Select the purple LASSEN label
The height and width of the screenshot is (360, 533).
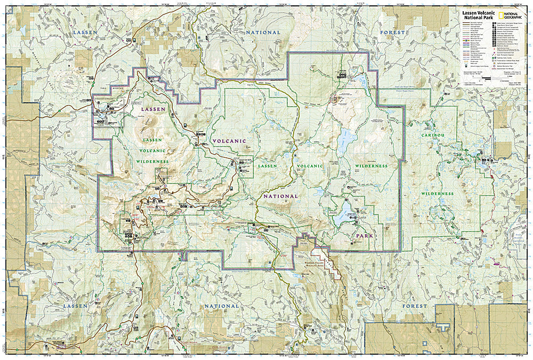[x=154, y=109]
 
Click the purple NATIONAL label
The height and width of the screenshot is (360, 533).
[x=280, y=196]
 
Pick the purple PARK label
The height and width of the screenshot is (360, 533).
[x=365, y=235]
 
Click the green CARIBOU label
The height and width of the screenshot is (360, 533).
[x=433, y=136]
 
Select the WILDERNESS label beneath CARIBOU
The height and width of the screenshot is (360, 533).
[x=437, y=194]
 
